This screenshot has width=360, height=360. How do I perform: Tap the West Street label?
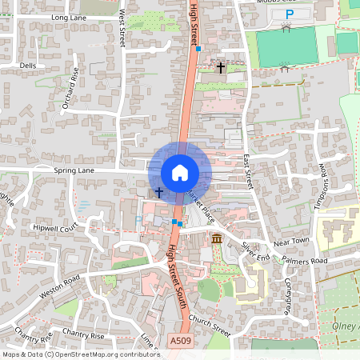(122, 28)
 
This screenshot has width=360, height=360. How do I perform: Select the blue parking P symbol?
(290, 14)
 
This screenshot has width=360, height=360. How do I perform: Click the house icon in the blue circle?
(180, 172)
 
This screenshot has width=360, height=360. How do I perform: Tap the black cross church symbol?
(221, 69)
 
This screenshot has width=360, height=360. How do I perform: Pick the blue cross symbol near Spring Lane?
(158, 192)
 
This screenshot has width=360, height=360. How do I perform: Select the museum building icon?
(217, 238)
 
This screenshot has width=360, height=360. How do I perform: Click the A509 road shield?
(181, 341)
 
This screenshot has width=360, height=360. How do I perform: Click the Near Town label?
(291, 241)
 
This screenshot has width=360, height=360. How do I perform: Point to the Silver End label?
(256, 251)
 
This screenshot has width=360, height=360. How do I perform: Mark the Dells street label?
(28, 66)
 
